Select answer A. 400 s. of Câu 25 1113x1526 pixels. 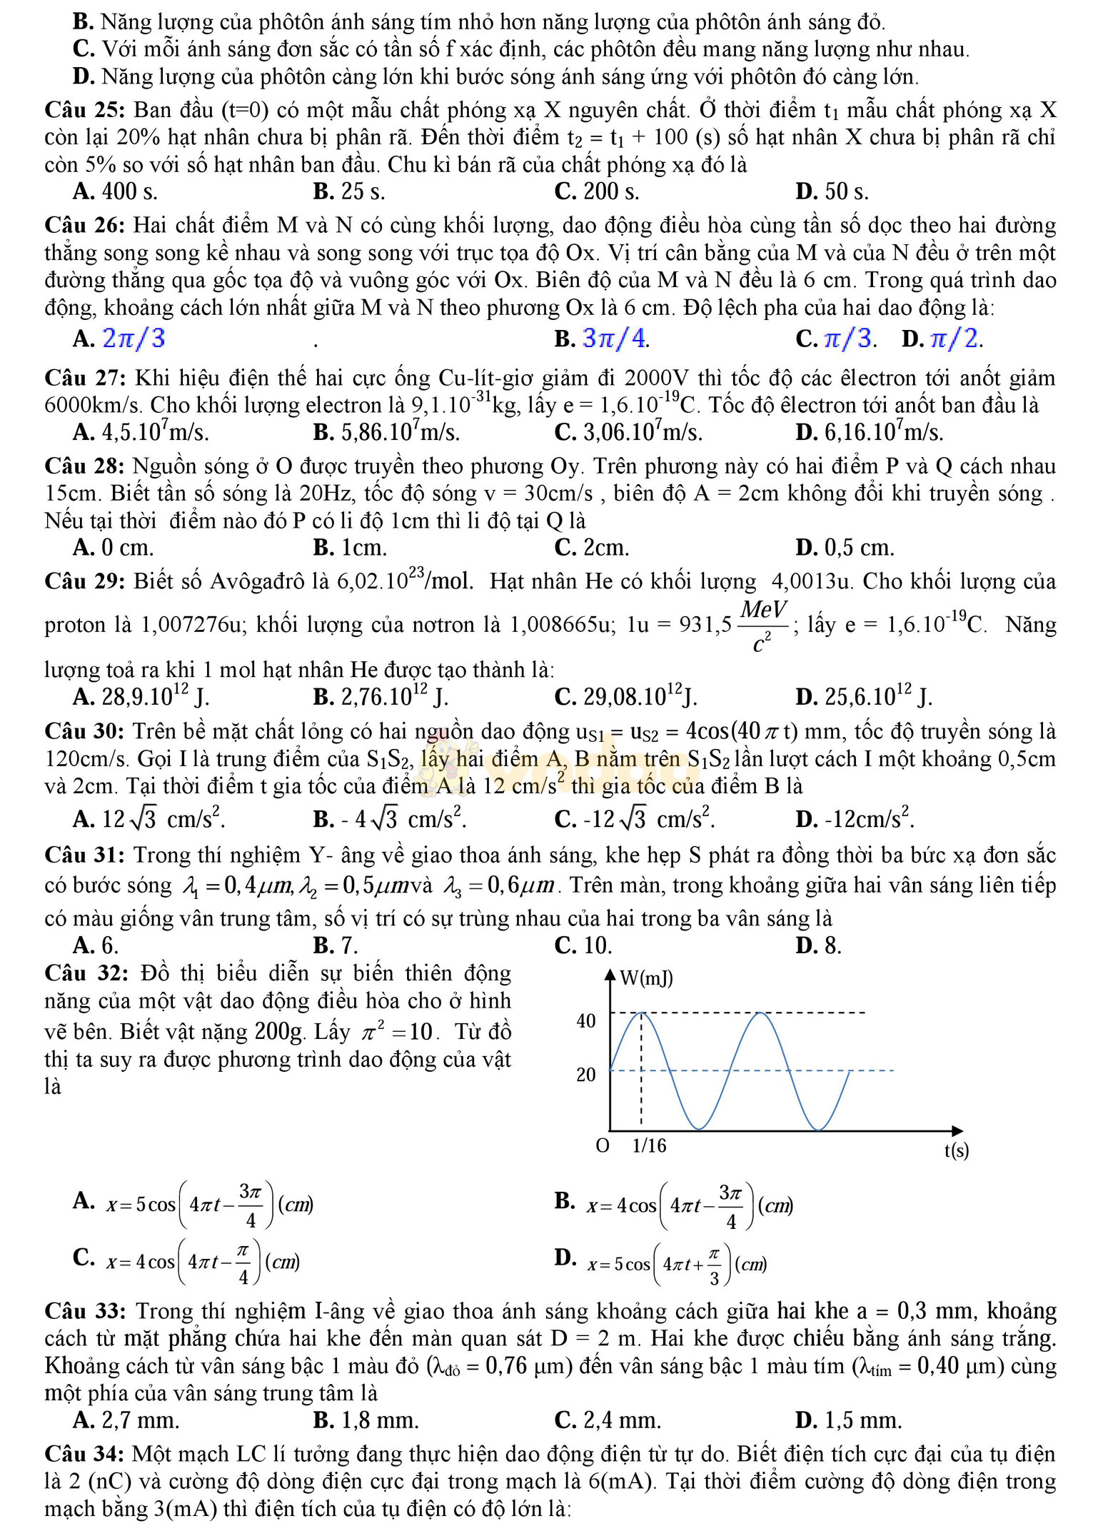(115, 192)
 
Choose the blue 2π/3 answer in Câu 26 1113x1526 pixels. (134, 338)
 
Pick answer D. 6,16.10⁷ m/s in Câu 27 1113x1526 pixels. (869, 433)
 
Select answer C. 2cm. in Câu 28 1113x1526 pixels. (592, 548)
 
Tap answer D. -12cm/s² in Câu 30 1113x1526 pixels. (855, 817)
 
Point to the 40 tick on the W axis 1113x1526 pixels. (586, 1021)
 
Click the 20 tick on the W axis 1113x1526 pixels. (586, 1075)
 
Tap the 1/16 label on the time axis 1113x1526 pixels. (649, 1146)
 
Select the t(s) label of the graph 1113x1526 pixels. (957, 1150)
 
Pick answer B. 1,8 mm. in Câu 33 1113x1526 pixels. (366, 1420)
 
